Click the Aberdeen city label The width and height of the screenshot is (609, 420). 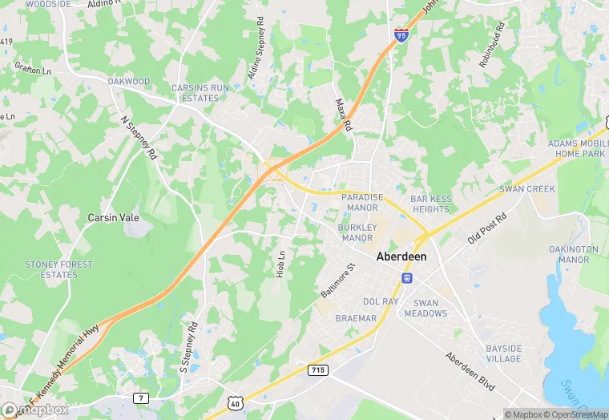coord(401,256)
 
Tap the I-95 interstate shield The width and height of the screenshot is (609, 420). coord(401,34)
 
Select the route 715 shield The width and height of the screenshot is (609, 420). coord(317,370)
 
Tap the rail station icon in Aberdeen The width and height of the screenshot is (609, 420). coord(407,277)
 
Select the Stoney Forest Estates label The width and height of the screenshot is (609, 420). coord(58,269)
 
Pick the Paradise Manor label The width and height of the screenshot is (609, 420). coord(359,202)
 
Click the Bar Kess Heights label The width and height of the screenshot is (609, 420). coord(430,204)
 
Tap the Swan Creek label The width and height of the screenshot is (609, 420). coord(526,189)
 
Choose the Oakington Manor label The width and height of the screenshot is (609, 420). coord(574,254)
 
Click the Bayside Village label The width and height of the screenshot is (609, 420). coord(504,353)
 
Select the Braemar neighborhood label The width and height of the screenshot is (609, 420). coord(356,318)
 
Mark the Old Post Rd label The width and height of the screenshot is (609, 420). coord(488,228)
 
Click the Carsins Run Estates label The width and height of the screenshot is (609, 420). coord(195,93)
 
